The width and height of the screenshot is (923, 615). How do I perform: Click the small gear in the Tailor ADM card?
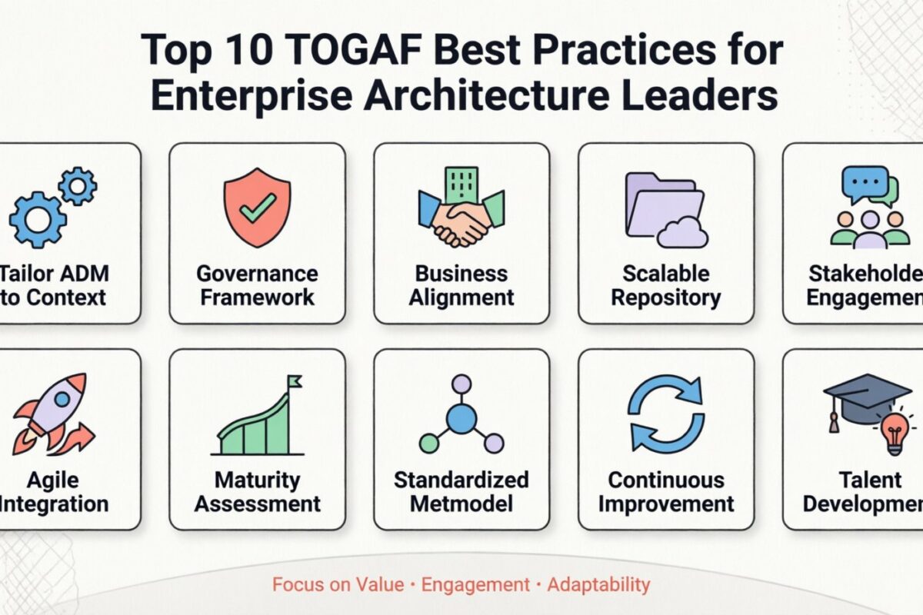pyautogui.click(x=78, y=186)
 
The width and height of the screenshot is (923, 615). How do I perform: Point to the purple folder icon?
pyautogui.click(x=661, y=204)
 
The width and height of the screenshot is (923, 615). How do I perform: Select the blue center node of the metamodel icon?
pyautogui.click(x=461, y=419)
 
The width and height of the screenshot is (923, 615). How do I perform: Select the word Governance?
pyautogui.click(x=257, y=274)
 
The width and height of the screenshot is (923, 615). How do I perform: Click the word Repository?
pyautogui.click(x=666, y=298)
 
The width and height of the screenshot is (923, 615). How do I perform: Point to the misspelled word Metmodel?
pyautogui.click(x=461, y=504)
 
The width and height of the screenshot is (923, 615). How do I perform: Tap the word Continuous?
pyautogui.click(x=666, y=480)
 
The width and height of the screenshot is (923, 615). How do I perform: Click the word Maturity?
pyautogui.click(x=257, y=480)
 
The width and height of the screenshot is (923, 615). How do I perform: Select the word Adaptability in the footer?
pyautogui.click(x=598, y=585)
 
